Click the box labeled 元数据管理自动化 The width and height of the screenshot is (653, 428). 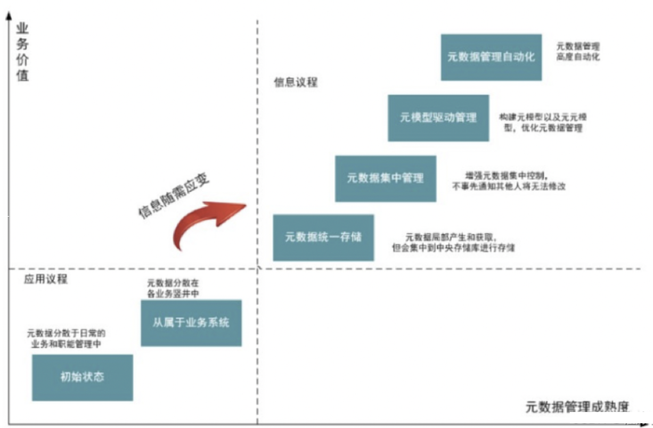click(x=491, y=57)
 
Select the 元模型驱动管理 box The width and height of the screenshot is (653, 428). click(x=438, y=118)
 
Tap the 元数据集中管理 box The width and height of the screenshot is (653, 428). click(x=385, y=178)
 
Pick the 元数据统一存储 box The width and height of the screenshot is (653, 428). click(x=323, y=237)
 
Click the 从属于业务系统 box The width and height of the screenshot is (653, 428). click(x=191, y=323)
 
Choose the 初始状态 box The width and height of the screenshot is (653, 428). click(x=82, y=377)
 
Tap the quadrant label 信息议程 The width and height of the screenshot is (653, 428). click(x=296, y=83)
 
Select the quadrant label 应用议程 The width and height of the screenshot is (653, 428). click(x=46, y=279)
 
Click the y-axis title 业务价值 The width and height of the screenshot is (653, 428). click(x=22, y=52)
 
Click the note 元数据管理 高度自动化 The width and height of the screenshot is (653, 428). click(x=578, y=52)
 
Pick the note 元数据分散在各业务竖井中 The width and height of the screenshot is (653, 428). click(x=173, y=289)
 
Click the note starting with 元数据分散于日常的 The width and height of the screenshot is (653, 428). click(x=66, y=339)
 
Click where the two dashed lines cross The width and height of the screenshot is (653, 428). click(x=258, y=269)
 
